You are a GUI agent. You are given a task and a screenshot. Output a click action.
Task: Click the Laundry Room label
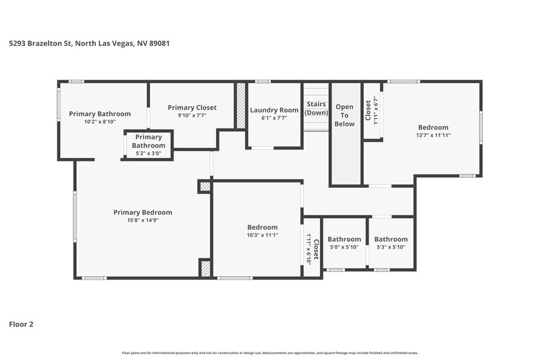(x=273, y=110)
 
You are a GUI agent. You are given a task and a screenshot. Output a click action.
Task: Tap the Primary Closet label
(x=192, y=107)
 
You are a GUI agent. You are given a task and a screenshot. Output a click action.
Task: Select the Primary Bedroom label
(x=142, y=212)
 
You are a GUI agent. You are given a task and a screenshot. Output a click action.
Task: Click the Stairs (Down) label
(x=316, y=108)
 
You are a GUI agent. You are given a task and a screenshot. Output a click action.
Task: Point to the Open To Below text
(x=344, y=115)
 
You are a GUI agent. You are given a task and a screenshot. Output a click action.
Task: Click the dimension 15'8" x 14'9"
(x=142, y=220)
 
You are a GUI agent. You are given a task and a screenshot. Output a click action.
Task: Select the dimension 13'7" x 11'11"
(x=433, y=135)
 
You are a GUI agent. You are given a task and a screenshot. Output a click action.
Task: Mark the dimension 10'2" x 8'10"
(x=100, y=122)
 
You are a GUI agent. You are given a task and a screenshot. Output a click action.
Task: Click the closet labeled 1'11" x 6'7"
(x=371, y=109)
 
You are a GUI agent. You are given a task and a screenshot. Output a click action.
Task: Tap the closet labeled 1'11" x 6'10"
(x=312, y=248)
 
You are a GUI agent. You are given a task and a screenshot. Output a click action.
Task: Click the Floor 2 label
(x=21, y=324)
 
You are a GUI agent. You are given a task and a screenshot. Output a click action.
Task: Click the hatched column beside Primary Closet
(x=240, y=105)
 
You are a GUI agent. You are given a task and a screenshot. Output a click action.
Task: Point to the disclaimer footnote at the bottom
(x=269, y=353)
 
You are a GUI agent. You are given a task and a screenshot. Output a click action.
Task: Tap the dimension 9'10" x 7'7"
(x=192, y=115)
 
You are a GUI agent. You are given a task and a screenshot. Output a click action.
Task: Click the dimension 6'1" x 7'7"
(x=273, y=118)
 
